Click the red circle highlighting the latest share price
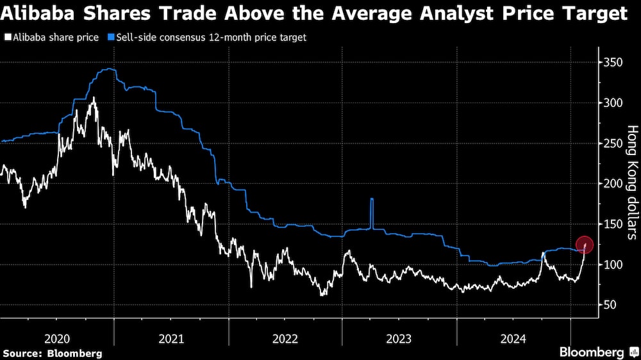585,245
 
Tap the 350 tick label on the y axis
613,63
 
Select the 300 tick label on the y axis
613,103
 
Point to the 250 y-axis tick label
613,143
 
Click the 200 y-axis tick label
613,184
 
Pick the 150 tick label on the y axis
613,224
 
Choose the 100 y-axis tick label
613,265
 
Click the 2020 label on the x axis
57,338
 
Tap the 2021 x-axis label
171,338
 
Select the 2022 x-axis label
285,338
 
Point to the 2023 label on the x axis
399,338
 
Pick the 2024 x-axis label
513,338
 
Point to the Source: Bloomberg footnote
53,353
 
